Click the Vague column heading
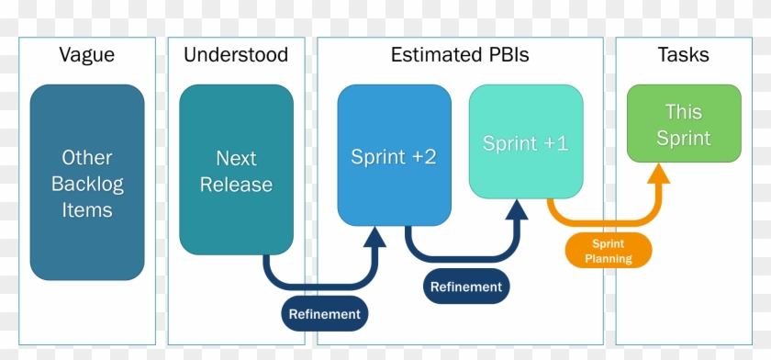click(87, 55)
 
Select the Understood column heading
click(236, 55)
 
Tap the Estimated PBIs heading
click(460, 55)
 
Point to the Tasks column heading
click(684, 55)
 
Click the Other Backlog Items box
click(87, 183)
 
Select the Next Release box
click(236, 170)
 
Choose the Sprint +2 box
click(394, 155)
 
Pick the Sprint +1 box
click(525, 142)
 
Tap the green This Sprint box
click(684, 124)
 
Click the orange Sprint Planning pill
click(609, 249)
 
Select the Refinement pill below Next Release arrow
click(325, 314)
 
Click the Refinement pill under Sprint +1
click(466, 287)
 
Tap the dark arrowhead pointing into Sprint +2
click(374, 237)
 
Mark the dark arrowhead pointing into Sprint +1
click(517, 209)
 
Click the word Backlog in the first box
click(87, 184)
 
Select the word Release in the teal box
click(236, 185)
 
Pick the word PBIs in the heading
click(505, 55)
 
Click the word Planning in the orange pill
click(609, 259)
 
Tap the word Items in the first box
click(87, 210)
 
